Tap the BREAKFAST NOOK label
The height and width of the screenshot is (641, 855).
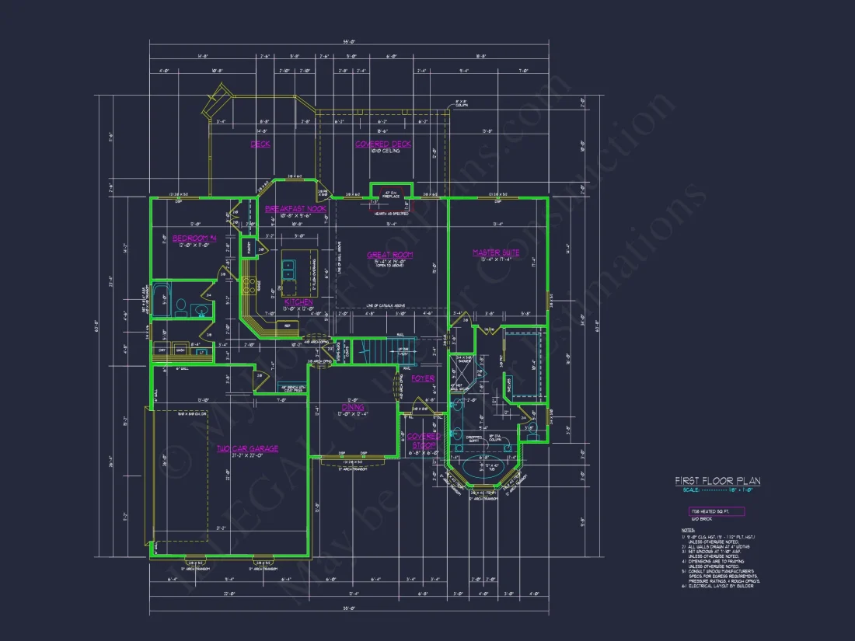(295, 209)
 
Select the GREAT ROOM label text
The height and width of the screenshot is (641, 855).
(389, 255)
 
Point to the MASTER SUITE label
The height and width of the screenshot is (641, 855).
(496, 253)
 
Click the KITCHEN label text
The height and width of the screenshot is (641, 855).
(298, 301)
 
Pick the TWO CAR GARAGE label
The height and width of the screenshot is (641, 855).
(246, 448)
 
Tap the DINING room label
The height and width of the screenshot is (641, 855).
(353, 407)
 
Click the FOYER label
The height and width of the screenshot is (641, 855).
(423, 378)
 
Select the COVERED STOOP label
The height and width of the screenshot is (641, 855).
(424, 441)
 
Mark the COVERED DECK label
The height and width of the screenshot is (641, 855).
(383, 144)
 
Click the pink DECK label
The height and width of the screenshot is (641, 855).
(260, 144)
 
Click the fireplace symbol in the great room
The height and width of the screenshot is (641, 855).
(380, 192)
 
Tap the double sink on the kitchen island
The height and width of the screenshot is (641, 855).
(288, 269)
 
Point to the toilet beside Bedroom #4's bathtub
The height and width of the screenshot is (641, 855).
(180, 307)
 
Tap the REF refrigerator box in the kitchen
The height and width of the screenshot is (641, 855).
(287, 326)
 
